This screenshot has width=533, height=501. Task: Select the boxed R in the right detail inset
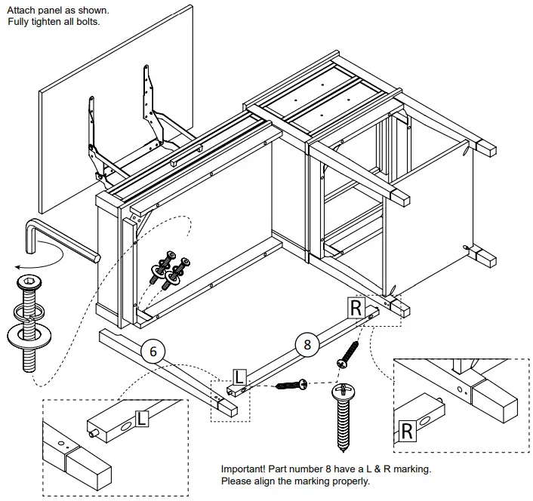[406, 431]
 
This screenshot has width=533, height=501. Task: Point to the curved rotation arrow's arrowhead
[16, 266]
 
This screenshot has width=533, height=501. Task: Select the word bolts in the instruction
[86, 22]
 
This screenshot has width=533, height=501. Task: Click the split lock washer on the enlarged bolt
[28, 312]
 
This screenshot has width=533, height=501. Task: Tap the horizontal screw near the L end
[290, 386]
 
